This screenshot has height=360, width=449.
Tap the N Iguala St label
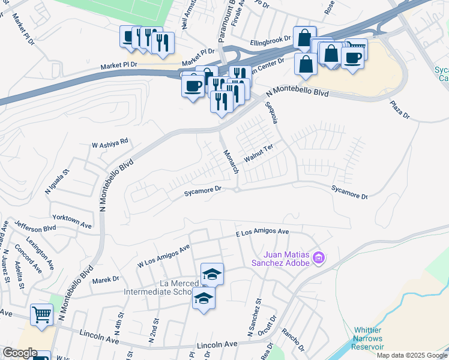click(49, 181)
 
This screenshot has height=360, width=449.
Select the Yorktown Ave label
click(71, 221)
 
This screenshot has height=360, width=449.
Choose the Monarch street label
click(232, 160)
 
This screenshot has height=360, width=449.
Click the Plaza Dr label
click(399, 109)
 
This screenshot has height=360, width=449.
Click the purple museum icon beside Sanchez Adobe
click(319, 259)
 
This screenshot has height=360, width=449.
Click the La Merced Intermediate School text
click(157, 287)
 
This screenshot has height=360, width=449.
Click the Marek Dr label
click(106, 279)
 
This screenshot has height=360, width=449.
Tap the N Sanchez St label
click(251, 317)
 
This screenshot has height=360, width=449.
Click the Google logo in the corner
click(19, 353)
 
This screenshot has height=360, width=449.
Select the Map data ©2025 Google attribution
click(412, 355)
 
